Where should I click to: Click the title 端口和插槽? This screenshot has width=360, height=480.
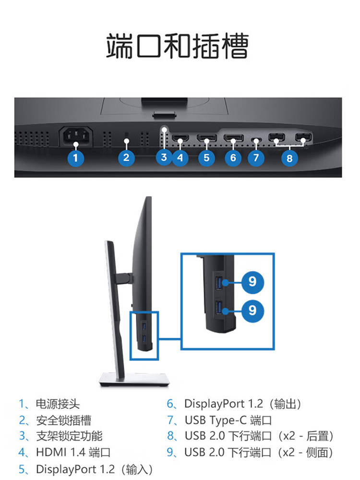point(178,47)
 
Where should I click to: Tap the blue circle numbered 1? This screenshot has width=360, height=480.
point(75,157)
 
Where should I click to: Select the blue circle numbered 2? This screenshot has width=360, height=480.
point(126,157)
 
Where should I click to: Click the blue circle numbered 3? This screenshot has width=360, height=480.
point(164,157)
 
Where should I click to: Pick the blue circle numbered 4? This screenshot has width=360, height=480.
point(180,157)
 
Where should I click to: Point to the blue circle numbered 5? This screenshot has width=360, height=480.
point(206,157)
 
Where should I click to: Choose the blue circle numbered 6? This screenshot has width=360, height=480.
point(233,157)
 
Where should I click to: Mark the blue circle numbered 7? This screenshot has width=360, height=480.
point(256,157)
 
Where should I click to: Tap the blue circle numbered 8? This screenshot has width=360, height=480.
point(289,157)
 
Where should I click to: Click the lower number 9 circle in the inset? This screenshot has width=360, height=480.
point(252,310)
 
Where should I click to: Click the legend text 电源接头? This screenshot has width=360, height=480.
point(58,404)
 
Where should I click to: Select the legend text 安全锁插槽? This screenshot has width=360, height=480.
point(63,420)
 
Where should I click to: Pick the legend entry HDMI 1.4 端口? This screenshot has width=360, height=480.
point(73,452)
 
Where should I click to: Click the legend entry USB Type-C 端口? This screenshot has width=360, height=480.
point(228,420)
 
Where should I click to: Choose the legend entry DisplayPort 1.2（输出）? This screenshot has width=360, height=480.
point(242,404)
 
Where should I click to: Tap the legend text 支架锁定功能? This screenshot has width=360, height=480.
point(69,436)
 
